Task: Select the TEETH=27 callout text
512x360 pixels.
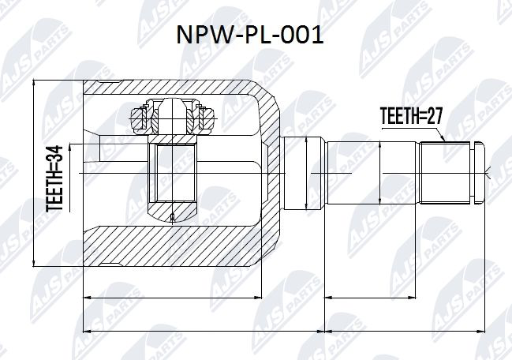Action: click(409, 115)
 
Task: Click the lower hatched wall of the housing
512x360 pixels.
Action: click(181, 245)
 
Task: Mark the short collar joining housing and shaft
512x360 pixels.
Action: click(303, 172)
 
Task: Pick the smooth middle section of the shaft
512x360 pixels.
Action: click(371, 172)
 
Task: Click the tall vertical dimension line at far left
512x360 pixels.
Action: click(36, 172)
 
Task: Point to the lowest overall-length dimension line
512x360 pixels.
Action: click(284, 329)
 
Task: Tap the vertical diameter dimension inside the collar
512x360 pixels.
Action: click(307, 172)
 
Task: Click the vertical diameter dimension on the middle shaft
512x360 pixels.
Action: click(381, 172)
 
